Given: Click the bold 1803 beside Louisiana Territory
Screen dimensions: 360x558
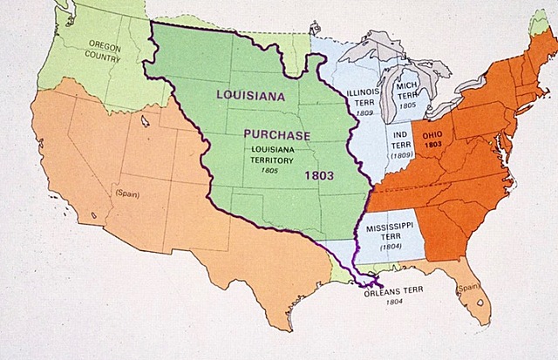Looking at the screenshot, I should pos(319,174).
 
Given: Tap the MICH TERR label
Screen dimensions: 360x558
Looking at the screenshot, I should pos(408,90).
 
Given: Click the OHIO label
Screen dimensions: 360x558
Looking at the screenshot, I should pos(433,137).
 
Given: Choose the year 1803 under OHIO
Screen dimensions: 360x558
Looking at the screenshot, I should pos(433,146).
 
